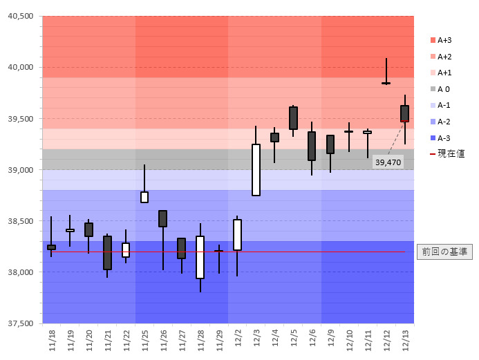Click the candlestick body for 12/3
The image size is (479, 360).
[x=256, y=170]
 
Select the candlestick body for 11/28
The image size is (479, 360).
[x=200, y=257]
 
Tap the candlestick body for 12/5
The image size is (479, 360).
[x=293, y=118]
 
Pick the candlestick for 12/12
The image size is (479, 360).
[x=386, y=83]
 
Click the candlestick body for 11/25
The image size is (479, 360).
[x=144, y=197]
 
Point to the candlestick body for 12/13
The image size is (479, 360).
[x=404, y=113]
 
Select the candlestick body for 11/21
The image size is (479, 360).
[x=107, y=253]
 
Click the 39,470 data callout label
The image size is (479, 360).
[x=388, y=162]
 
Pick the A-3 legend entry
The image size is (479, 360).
[x=444, y=138]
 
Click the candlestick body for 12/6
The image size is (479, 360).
[x=312, y=146]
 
